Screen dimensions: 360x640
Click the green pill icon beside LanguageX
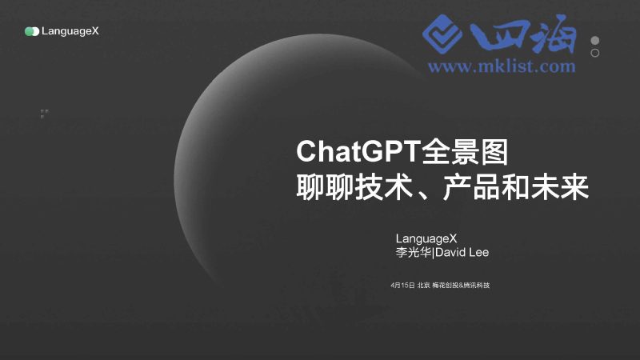(x=32, y=31)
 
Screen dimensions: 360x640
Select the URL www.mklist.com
(x=502, y=66)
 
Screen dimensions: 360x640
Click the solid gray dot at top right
(x=595, y=41)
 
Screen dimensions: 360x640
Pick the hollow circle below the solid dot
(x=595, y=53)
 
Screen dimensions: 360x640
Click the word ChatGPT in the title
(x=347, y=151)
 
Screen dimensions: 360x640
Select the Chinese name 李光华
(x=414, y=253)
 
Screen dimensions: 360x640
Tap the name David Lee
(x=462, y=253)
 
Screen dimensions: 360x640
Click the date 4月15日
(x=402, y=286)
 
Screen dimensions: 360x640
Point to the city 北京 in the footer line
(x=423, y=286)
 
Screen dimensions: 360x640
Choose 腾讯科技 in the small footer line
(x=477, y=286)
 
